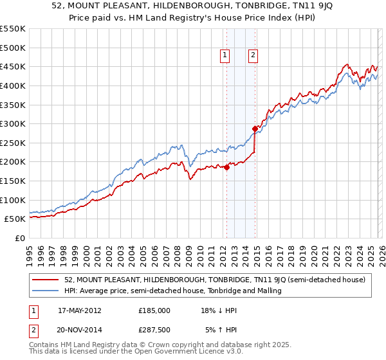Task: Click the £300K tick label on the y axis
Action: pyautogui.click(x=13, y=123)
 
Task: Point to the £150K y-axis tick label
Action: pyautogui.click(x=13, y=181)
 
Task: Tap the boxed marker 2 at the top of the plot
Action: pyautogui.click(x=253, y=56)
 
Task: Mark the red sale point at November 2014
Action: pyautogui.click(x=255, y=129)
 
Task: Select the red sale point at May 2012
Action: pyautogui.click(x=226, y=168)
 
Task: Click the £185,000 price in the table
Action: pyautogui.click(x=154, y=310)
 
